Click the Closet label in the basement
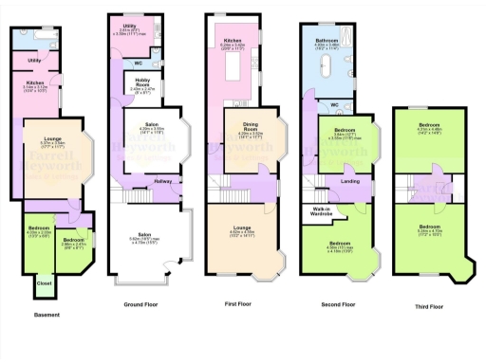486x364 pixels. pyautogui.click(x=44, y=282)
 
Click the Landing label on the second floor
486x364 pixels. pyautogui.click(x=349, y=179)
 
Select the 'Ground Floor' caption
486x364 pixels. pyautogui.click(x=147, y=304)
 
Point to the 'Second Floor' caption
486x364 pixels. pyautogui.click(x=334, y=304)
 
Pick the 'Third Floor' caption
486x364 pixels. pyautogui.click(x=430, y=306)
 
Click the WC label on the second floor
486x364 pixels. pyautogui.click(x=334, y=104)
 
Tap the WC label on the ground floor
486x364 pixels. pyautogui.click(x=140, y=64)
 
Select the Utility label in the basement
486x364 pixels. pyautogui.click(x=33, y=60)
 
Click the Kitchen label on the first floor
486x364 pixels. pyautogui.click(x=234, y=41)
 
